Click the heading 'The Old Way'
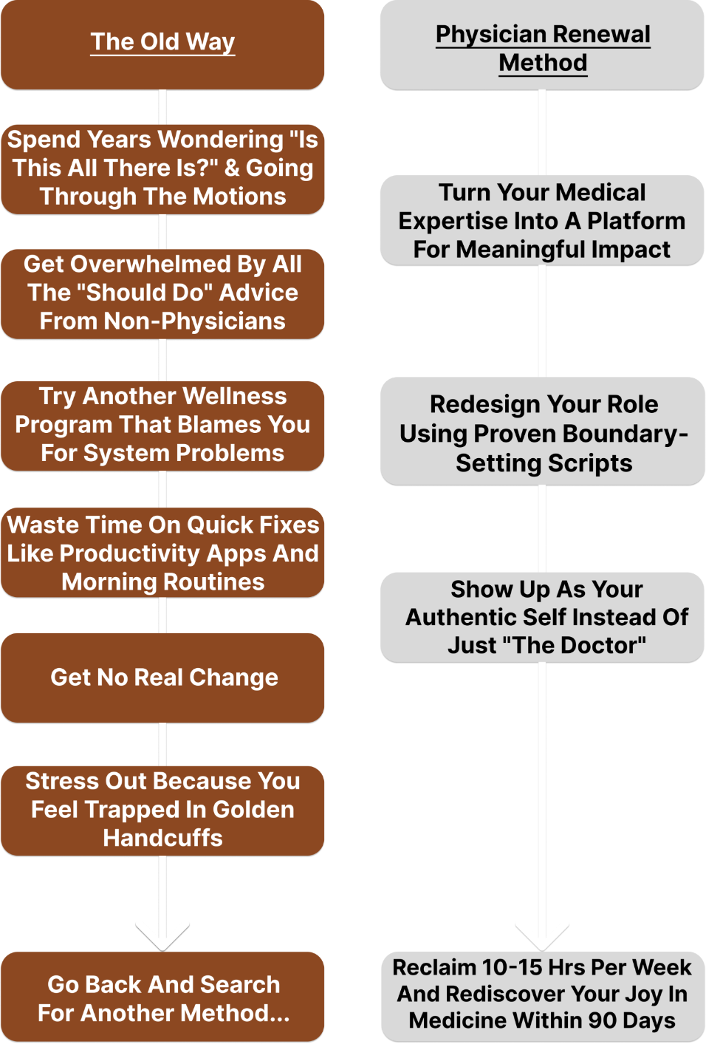[162, 42]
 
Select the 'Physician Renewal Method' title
[543, 48]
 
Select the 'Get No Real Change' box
[164, 678]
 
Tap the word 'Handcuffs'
[162, 838]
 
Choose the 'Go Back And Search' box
[163, 997]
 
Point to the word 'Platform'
[636, 221]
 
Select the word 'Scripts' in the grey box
[588, 463]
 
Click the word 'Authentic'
[460, 617]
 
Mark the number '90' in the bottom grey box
[603, 1020]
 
